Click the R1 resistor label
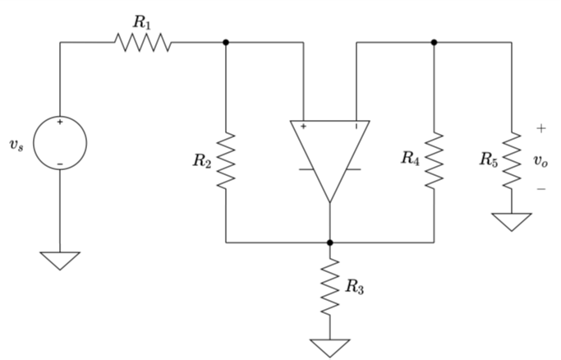[143, 23]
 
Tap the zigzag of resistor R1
[144, 42]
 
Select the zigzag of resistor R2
[226, 160]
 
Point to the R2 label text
[202, 161]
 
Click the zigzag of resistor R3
[329, 286]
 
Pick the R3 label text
[354, 287]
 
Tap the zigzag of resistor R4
[434, 159]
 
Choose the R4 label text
[411, 159]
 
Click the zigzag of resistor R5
[512, 159]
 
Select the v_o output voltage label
[540, 160]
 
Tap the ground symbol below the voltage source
[60, 260]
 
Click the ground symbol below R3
[329, 347]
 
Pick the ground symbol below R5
[512, 221]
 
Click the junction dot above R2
[226, 42]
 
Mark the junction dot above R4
[434, 42]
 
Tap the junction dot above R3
[329, 242]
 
